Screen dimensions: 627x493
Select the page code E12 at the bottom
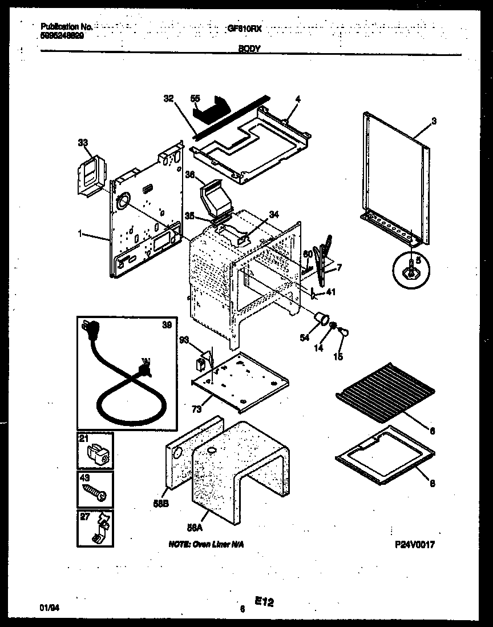[x=263, y=601]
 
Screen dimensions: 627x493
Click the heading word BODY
[x=249, y=49]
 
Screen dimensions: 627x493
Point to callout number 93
[x=184, y=340]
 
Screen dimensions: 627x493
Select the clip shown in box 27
[x=98, y=530]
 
